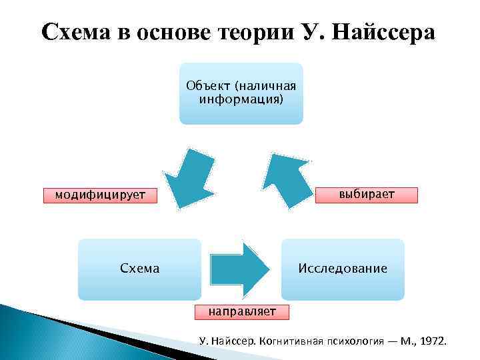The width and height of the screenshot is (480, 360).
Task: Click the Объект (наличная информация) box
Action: pyautogui.click(x=241, y=93)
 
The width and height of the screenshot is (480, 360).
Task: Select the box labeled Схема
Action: pyautogui.click(x=139, y=269)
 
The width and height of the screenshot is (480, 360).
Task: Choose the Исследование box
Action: pyautogui.click(x=343, y=269)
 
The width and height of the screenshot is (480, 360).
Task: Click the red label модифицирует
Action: pyautogui.click(x=93, y=195)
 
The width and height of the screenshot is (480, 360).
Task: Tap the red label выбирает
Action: pyautogui.click(x=366, y=195)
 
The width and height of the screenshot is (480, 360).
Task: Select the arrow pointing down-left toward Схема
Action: pyautogui.click(x=189, y=175)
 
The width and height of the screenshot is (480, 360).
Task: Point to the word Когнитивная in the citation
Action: pyautogui.click(x=288, y=342)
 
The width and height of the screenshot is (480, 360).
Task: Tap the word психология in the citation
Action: pyautogui.click(x=353, y=342)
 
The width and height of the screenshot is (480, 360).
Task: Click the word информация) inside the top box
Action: pyautogui.click(x=241, y=100)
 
